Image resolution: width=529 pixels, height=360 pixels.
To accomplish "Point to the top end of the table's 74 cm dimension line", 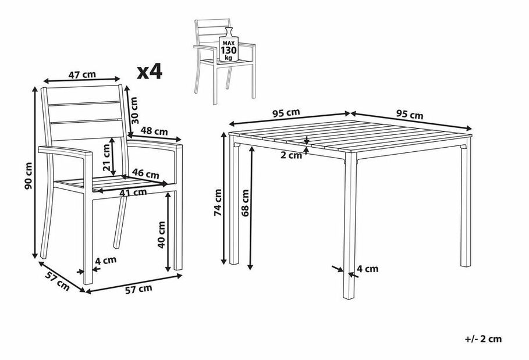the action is tap(223, 133).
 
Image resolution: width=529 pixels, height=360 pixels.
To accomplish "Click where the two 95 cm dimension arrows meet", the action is tap(350, 113).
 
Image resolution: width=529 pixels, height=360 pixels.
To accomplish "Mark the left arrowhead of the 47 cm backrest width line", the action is tap(45, 81).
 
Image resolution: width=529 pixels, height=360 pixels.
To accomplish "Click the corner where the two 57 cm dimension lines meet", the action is tap(84, 291).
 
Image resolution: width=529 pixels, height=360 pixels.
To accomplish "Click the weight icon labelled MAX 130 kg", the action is tap(228, 45).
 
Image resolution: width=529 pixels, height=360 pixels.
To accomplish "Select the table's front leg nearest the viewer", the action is tap(350, 226).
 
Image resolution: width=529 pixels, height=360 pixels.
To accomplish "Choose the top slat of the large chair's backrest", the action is tap(83, 95).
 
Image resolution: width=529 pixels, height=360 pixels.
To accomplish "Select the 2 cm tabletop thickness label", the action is tap(292, 155).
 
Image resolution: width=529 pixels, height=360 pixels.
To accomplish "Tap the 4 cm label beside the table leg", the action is tap(367, 269).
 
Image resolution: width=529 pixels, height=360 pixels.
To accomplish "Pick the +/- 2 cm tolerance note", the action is tap(483, 338).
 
